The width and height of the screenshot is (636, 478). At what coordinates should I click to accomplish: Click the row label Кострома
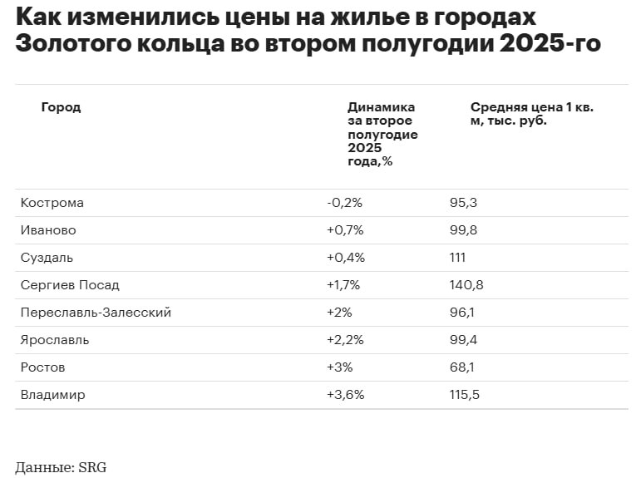tap(52, 203)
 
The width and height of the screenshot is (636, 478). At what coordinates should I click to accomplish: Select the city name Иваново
tap(49, 230)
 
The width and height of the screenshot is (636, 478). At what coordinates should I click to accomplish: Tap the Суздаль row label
tap(47, 258)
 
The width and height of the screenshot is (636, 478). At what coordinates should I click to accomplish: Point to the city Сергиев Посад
tap(70, 285)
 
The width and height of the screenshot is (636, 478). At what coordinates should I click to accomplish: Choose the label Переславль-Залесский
tap(96, 313)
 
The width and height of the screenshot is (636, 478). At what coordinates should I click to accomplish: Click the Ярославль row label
tap(55, 340)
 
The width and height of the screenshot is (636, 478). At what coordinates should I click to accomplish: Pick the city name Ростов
tap(43, 367)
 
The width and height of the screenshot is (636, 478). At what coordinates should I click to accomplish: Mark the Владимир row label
tap(53, 395)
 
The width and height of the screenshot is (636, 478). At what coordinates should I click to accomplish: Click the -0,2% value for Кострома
tap(345, 203)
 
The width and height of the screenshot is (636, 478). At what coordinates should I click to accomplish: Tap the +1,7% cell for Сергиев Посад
tap(343, 285)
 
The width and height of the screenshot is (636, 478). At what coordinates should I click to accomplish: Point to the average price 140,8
tap(466, 285)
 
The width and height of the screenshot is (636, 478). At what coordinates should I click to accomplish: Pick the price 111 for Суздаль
tap(457, 258)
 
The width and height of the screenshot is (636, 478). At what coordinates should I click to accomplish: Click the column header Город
tap(61, 107)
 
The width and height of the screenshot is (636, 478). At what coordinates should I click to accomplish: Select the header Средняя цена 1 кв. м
tap(532, 114)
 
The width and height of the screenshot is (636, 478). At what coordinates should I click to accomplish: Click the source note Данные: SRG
tap(61, 467)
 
